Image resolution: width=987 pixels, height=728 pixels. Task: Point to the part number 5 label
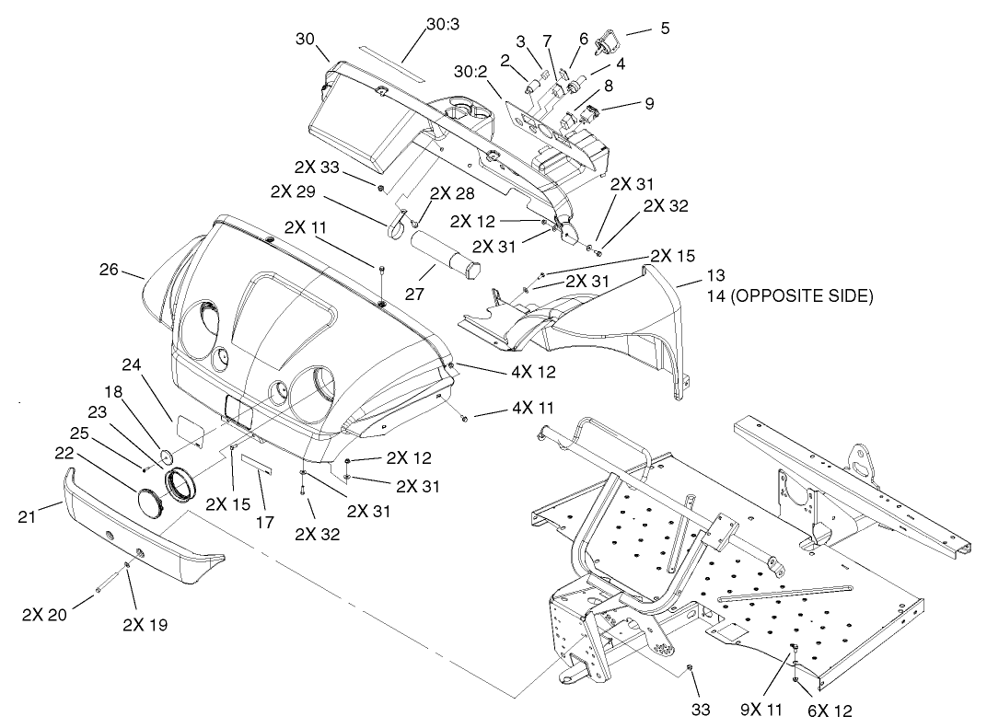tap(664, 28)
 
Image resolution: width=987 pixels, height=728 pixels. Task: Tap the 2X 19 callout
tap(145, 625)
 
